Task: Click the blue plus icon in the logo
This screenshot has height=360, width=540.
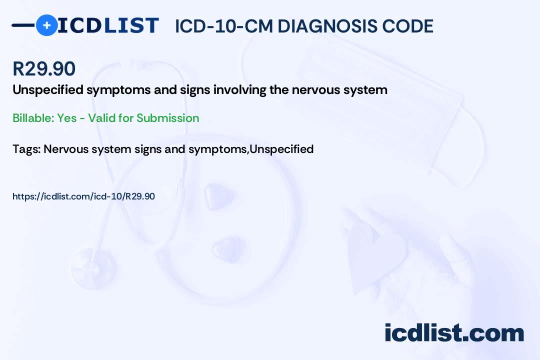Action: (46, 25)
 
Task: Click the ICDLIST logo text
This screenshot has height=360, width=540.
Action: (108, 25)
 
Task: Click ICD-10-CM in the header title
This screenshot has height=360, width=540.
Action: (224, 26)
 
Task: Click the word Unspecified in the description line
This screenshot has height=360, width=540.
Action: (48, 90)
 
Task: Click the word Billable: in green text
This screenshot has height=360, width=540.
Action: (33, 118)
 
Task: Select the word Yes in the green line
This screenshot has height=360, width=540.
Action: (67, 118)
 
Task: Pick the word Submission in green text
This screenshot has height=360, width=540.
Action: (167, 118)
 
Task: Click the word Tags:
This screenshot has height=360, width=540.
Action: (26, 149)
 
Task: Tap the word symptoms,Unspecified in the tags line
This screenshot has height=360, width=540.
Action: (251, 149)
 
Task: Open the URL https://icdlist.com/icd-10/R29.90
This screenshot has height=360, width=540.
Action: (83, 196)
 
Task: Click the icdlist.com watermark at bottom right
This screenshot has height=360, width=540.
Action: (454, 333)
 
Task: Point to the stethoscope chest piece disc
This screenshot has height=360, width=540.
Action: (93, 268)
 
